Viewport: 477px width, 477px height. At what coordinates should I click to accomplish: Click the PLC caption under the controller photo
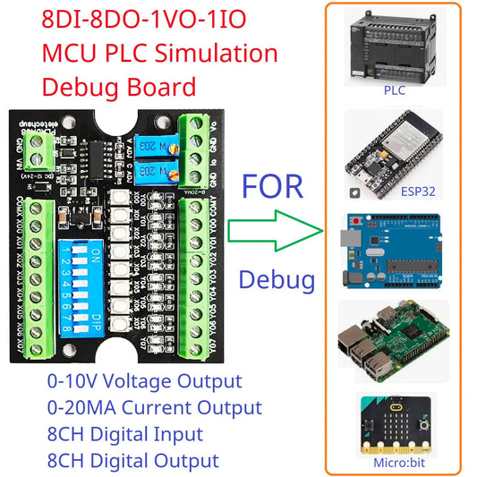[x=394, y=90]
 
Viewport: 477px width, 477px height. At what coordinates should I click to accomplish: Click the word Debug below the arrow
[x=277, y=280]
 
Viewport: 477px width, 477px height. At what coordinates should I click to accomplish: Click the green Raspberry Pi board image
[x=394, y=345]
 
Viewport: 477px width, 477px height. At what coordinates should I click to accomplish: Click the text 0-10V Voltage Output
[x=144, y=381]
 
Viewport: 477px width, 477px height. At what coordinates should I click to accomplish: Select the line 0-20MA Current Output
[x=154, y=408]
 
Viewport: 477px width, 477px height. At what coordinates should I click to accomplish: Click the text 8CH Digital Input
[x=125, y=435]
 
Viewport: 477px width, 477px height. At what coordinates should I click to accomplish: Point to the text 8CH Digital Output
[x=132, y=461]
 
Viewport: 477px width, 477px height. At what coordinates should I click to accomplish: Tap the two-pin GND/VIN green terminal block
[x=37, y=156]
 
